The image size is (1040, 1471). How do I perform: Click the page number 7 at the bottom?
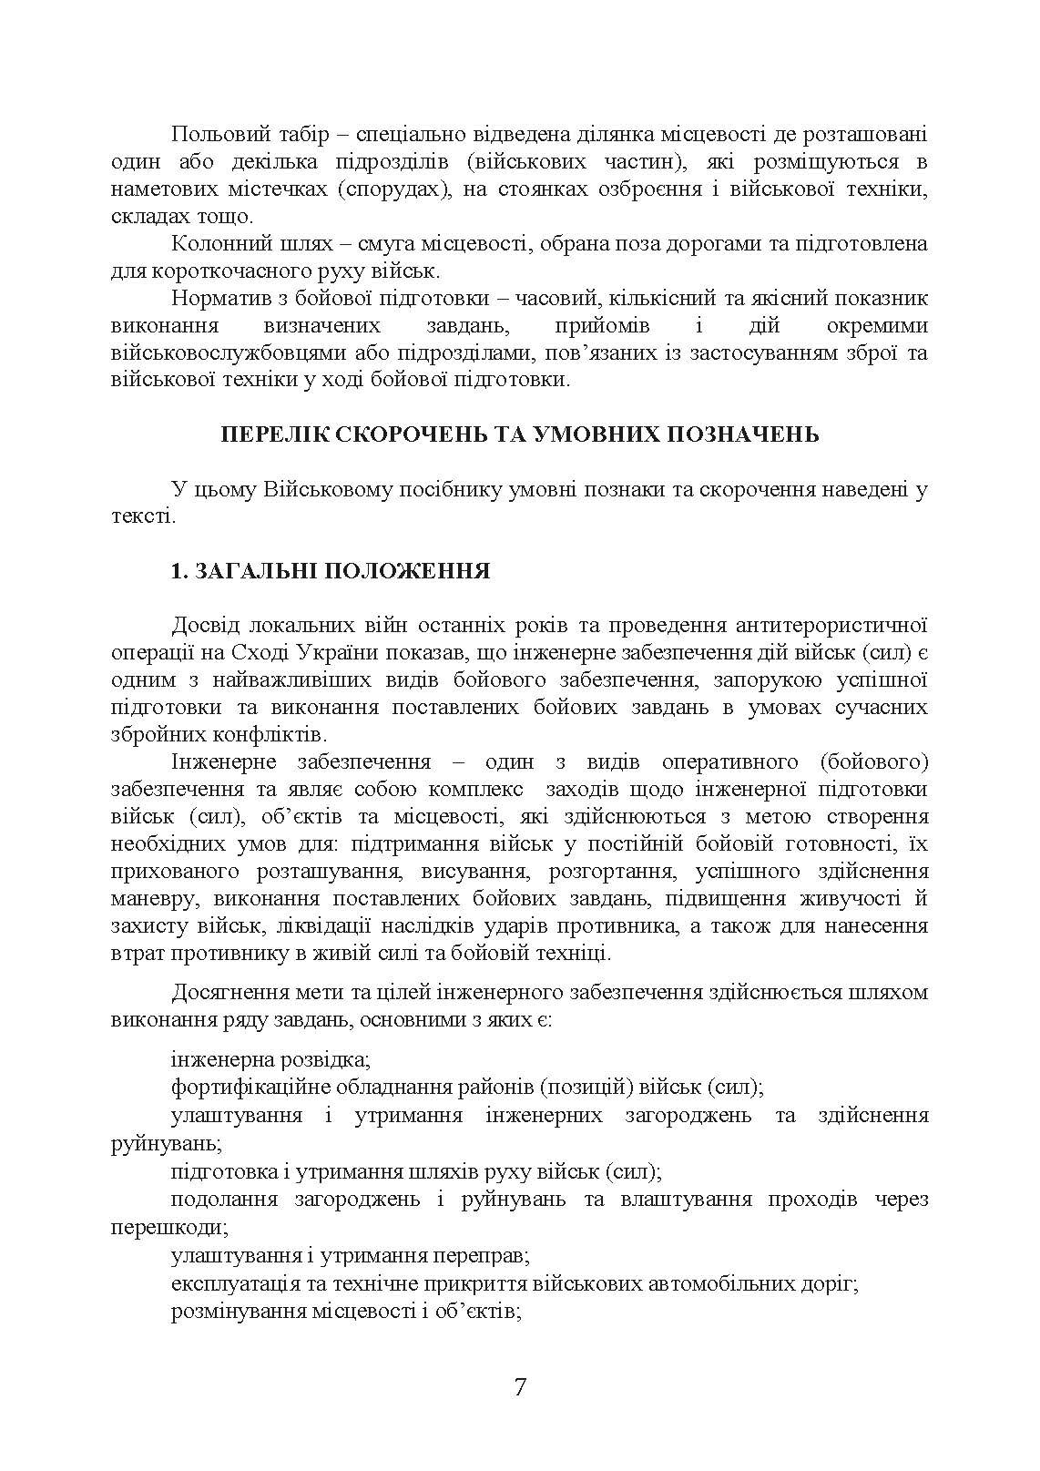coord(520,1387)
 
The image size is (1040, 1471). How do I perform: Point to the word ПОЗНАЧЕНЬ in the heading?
coord(746,434)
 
